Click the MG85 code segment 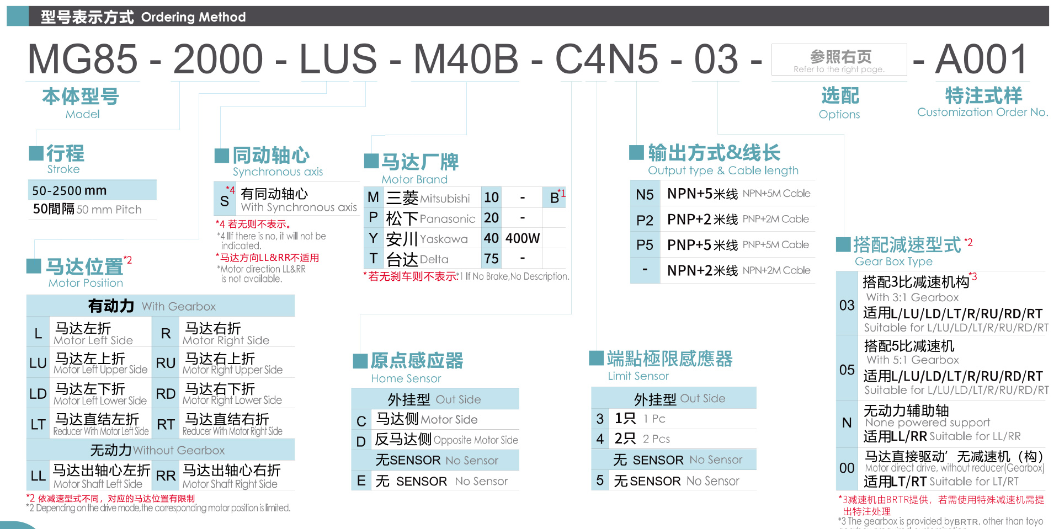click(83, 59)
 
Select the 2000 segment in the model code click(218, 59)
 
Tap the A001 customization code click(981, 59)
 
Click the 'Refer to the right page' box click(839, 60)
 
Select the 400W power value click(523, 238)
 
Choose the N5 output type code click(645, 194)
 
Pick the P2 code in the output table click(645, 220)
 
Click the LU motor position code click(38, 363)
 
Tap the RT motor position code click(166, 424)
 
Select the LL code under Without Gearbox click(38, 475)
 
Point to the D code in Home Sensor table click(361, 441)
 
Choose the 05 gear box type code click(847, 370)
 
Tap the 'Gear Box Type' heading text click(893, 261)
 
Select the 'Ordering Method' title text click(193, 17)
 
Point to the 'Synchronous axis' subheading click(278, 172)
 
